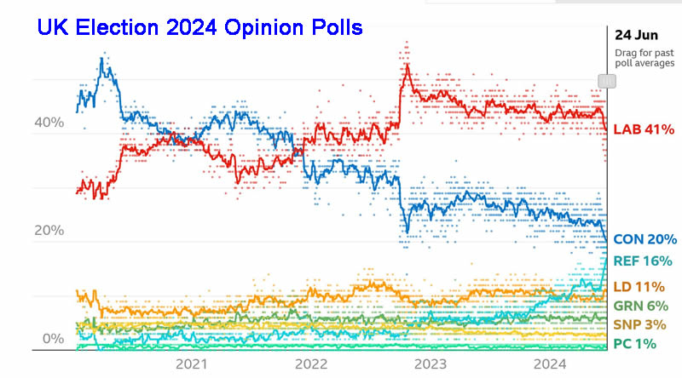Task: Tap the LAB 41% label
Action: point(644,129)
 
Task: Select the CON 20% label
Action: point(644,239)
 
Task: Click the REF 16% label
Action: point(644,262)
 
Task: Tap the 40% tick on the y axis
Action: point(49,123)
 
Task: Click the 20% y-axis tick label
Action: point(49,231)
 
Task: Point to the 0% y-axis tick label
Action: point(53,339)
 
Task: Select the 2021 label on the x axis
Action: point(192,364)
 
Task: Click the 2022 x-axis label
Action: point(309,364)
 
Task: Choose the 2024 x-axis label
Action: point(546,364)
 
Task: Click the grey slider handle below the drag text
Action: point(607,80)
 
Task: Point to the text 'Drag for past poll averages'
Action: point(644,58)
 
